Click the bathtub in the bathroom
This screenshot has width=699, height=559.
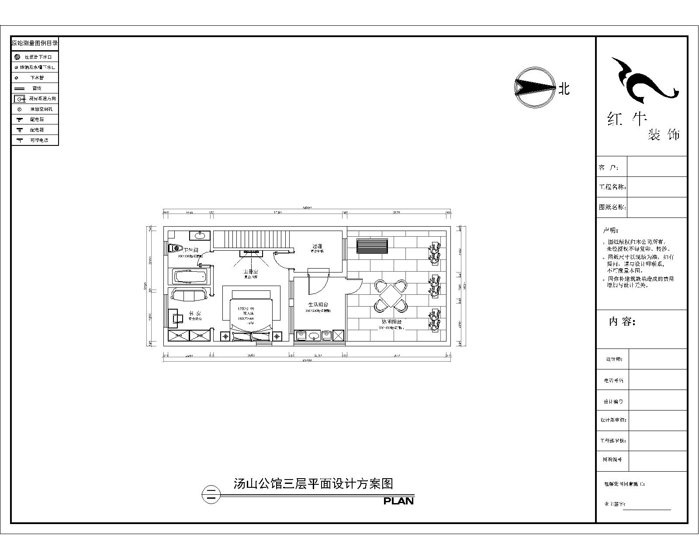(190, 277)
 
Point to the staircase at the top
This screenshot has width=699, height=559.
(252, 240)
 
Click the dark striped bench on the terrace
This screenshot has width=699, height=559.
(372, 246)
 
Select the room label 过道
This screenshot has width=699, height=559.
(317, 246)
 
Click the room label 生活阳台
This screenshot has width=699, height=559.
(318, 304)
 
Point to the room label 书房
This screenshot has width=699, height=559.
(194, 314)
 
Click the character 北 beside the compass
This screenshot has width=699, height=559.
(564, 89)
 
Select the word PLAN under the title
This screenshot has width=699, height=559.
(398, 501)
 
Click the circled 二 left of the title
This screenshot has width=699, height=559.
(211, 495)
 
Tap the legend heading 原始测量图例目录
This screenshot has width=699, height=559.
(35, 43)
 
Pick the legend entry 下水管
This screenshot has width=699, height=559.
(37, 78)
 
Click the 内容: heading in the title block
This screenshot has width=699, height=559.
(622, 322)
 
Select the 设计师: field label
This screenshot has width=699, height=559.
(613, 359)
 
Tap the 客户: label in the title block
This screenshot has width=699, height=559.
(609, 167)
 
